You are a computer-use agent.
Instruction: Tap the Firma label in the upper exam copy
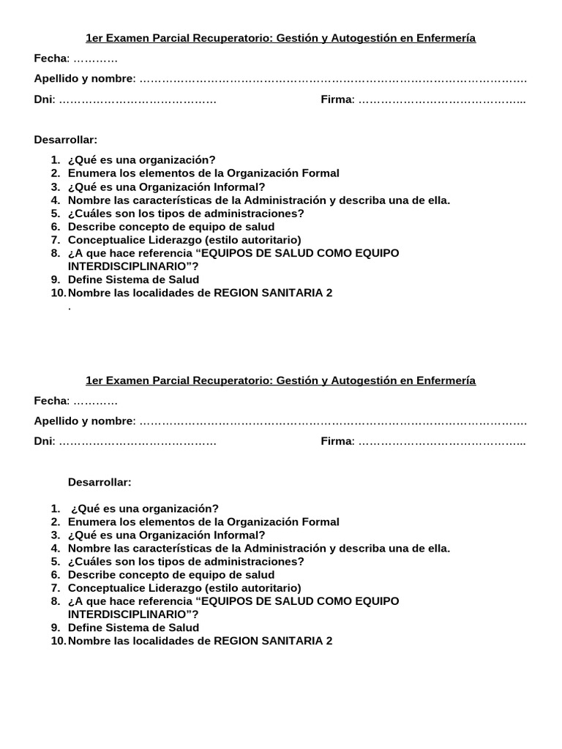tap(337, 99)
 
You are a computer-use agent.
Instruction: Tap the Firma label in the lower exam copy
tap(337, 441)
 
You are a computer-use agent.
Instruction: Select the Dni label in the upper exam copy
tap(43, 99)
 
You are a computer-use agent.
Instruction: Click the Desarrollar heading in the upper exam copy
tap(65, 140)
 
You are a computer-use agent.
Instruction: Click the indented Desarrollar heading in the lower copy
tap(100, 482)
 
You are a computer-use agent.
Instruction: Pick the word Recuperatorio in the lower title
tap(236, 380)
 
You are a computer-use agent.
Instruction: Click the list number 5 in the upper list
tap(55, 214)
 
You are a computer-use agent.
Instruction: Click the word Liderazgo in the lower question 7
tap(176, 588)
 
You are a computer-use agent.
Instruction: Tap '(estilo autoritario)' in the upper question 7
tap(253, 240)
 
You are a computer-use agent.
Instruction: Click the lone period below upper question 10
tap(70, 307)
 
